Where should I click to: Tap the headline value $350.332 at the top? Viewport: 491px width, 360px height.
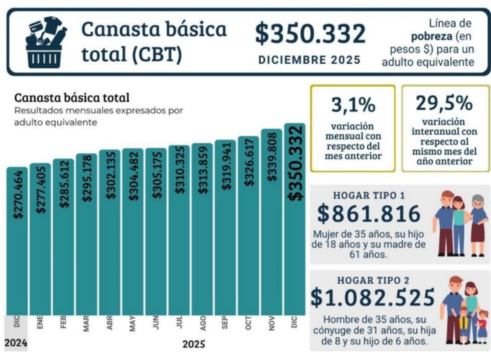pos(310,34)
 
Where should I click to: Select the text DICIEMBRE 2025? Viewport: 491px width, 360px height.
pos(310,60)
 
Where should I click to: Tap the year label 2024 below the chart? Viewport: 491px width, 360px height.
pos(16,343)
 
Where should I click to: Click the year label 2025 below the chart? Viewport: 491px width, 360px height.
pos(194,344)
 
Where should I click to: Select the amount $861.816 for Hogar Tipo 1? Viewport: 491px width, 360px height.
pos(369,214)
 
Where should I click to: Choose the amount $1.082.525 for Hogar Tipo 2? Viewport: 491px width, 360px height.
pos(372,297)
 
